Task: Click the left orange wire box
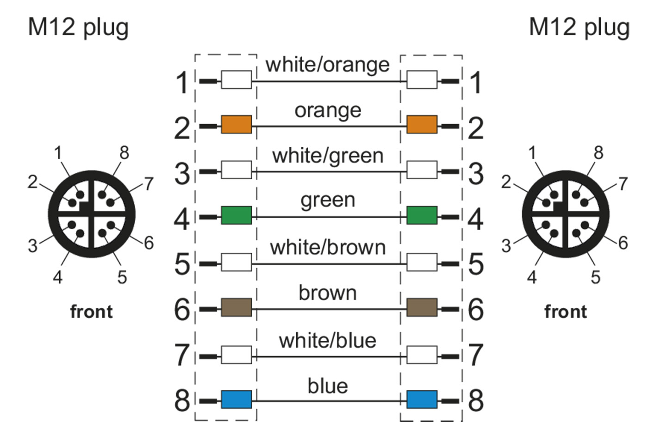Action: [237, 125]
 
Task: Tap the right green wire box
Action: [422, 215]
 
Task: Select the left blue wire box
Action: [237, 399]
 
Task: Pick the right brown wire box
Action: [422, 307]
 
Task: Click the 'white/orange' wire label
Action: [327, 64]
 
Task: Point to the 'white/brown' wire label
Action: [328, 247]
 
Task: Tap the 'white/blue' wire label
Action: [327, 340]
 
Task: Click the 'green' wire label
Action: [328, 200]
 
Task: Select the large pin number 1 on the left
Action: [182, 82]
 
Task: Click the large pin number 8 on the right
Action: [476, 400]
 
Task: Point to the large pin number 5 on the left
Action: [182, 264]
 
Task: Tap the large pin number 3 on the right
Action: [476, 173]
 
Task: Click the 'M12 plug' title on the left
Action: [78, 27]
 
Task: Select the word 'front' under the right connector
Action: [565, 312]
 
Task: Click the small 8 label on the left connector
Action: [124, 152]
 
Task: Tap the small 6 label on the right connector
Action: [623, 243]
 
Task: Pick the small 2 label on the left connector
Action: [32, 182]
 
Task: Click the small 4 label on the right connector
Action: [532, 277]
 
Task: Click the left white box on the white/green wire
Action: [237, 170]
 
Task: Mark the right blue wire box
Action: [422, 399]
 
